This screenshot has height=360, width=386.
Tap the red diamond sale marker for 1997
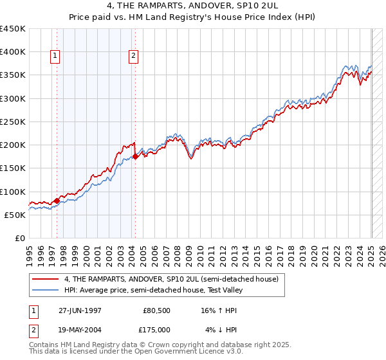click(57, 201)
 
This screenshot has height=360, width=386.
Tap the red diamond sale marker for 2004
click(135, 156)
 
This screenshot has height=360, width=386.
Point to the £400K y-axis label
click(13, 52)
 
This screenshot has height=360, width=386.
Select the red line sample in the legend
click(46, 280)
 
